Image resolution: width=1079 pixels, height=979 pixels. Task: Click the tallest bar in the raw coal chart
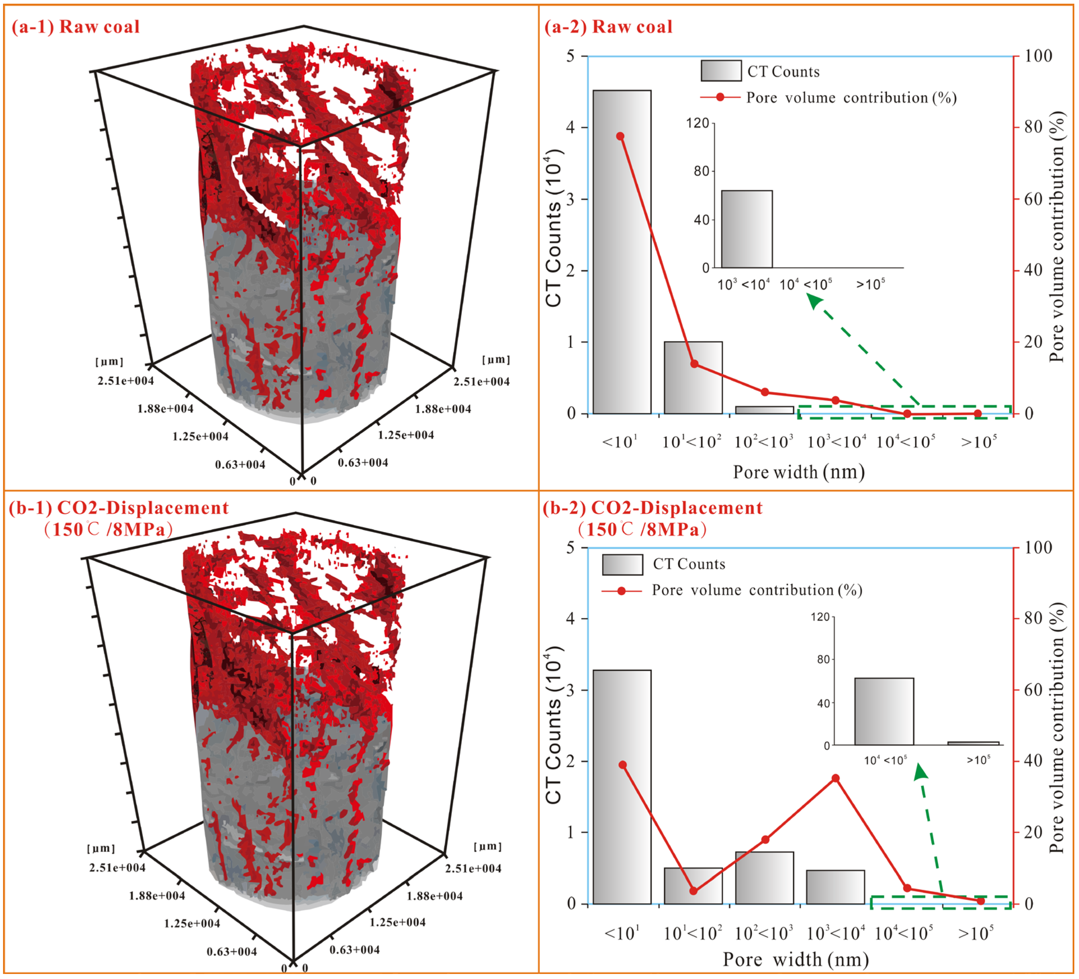click(622, 252)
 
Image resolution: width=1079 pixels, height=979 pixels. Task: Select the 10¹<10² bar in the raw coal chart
click(693, 377)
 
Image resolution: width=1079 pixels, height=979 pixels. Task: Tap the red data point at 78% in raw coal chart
click(620, 136)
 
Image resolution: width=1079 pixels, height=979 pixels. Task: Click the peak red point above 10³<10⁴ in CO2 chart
click(836, 778)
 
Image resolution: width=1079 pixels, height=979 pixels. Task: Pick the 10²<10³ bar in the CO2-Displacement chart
click(764, 878)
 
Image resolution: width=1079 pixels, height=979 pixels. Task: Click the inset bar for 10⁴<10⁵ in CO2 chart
click(884, 711)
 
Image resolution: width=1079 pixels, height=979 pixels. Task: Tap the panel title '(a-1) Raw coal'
click(76, 27)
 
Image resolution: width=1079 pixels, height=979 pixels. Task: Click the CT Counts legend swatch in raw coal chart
click(721, 71)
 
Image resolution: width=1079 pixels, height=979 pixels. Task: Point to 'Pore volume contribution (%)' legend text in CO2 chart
click(757, 590)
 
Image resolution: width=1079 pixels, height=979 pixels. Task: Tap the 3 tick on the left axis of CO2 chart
click(571, 690)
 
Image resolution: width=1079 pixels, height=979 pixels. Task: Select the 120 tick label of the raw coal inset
click(698, 123)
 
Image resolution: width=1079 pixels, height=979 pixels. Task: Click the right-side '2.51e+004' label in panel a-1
click(482, 382)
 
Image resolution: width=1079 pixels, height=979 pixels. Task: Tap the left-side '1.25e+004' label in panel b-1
click(192, 923)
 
